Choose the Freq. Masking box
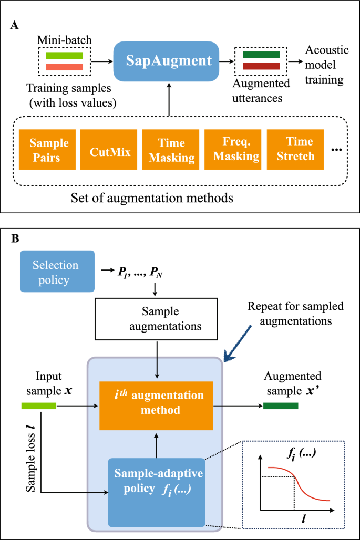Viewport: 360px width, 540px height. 232,149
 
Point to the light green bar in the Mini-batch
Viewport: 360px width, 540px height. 65,55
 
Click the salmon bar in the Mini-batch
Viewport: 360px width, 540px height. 65,67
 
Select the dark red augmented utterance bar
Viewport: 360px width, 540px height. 261,67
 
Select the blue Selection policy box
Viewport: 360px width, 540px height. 57,271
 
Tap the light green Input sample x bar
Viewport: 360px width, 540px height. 38,406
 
